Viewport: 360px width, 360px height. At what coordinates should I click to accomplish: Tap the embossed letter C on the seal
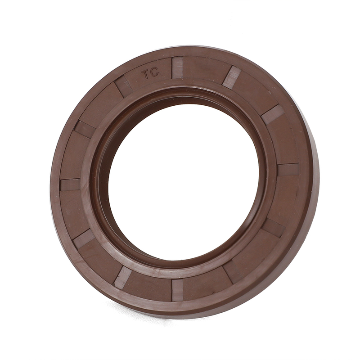154,73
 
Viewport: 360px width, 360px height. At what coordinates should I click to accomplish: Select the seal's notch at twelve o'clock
177,68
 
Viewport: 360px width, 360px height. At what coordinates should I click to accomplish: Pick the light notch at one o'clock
231,77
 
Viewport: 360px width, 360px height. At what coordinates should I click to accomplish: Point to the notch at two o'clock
272,114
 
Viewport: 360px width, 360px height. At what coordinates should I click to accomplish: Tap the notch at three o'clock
288,170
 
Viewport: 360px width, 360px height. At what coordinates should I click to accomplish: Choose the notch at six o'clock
177,290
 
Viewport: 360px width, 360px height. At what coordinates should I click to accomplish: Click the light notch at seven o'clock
122,278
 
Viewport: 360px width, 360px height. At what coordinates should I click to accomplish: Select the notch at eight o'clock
84,238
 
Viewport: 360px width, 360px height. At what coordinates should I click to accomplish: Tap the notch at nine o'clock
70,184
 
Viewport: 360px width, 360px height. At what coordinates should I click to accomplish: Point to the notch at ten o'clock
85,129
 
